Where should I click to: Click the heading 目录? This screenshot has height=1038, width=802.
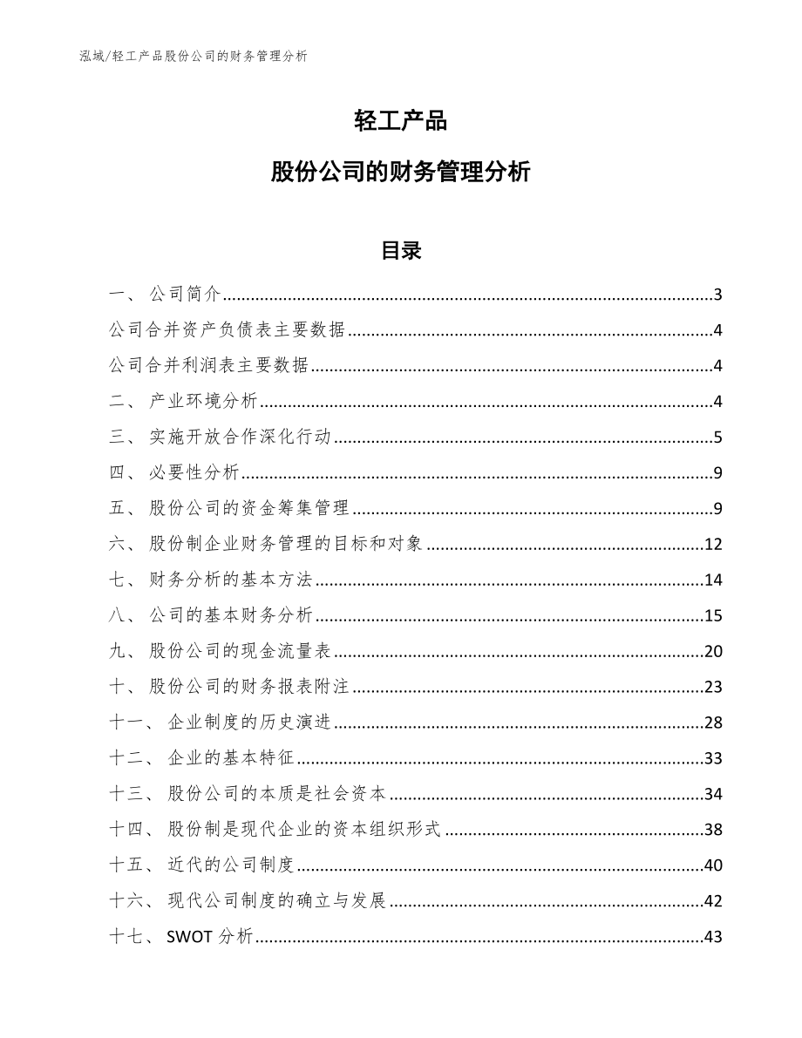pos(401,251)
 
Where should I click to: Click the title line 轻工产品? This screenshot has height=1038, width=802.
pos(401,121)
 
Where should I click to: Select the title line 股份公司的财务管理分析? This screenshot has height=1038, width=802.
pos(401,172)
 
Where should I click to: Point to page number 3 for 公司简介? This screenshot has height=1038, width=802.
pos(717,295)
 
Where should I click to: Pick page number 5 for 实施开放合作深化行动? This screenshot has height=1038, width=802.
pos(717,438)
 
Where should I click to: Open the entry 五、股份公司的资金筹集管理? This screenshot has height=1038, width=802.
pos(231,509)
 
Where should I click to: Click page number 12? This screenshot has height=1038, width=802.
pos(713,545)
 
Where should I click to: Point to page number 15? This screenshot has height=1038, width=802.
pos(713,616)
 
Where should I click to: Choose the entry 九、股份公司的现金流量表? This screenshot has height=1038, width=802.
pos(221,652)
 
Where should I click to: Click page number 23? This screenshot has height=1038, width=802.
pos(713,688)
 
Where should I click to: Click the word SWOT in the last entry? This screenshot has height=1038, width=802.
pos(187,938)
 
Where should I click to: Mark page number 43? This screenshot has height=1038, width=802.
pos(713,938)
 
